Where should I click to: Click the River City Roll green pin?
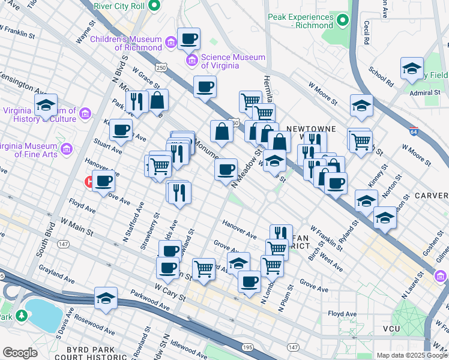pyautogui.click(x=154, y=7)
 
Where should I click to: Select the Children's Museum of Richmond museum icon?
pyautogui.click(x=171, y=43)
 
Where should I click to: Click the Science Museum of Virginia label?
pyautogui.click(x=233, y=61)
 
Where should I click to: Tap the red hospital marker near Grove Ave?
pyautogui.click(x=91, y=181)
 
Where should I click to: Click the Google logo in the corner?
pyautogui.click(x=20, y=352)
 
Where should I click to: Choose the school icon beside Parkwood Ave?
pyautogui.click(x=106, y=298)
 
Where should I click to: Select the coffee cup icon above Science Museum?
pyautogui.click(x=189, y=39)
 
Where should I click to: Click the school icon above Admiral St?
pyautogui.click(x=412, y=68)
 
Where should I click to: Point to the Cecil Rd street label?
pyautogui.click(x=366, y=34)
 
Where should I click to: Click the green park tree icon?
pyautogui.click(x=22, y=315)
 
